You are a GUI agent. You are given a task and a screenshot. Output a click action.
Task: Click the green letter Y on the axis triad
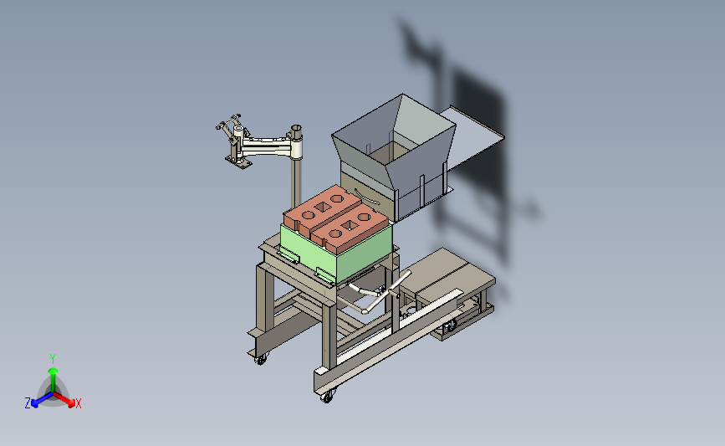click(52, 359)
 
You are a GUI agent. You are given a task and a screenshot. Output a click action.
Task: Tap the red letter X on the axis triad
click(78, 403)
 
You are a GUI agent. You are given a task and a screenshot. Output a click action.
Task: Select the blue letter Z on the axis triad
click(28, 403)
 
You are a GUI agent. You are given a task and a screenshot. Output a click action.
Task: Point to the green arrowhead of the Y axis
click(53, 371)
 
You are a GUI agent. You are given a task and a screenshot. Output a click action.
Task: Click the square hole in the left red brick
click(322, 207)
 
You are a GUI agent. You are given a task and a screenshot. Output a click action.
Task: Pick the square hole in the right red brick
click(349, 225)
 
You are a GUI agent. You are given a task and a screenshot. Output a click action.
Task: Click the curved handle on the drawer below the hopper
click(368, 197)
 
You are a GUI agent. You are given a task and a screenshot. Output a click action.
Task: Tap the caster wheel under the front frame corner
click(327, 397)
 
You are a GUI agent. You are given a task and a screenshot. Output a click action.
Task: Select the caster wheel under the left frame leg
click(261, 359)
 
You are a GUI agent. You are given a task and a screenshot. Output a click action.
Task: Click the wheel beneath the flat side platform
click(448, 326)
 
